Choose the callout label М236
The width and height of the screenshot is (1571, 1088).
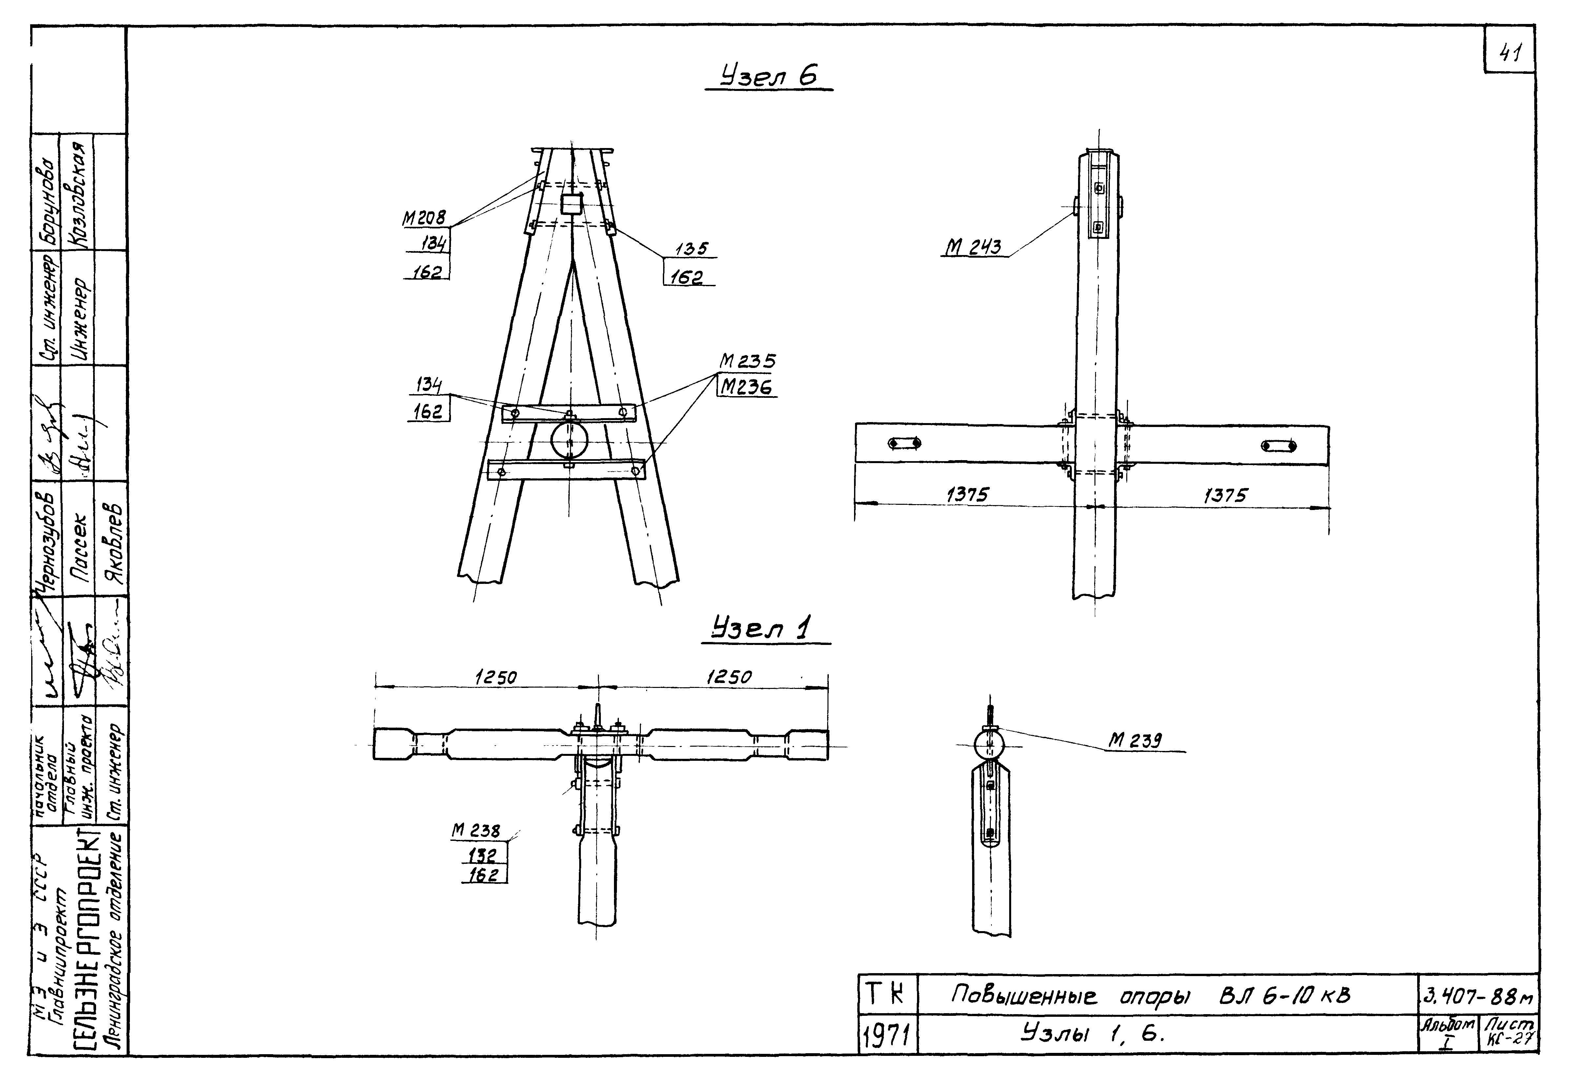[x=747, y=387]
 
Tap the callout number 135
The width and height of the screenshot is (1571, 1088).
[x=691, y=249]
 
